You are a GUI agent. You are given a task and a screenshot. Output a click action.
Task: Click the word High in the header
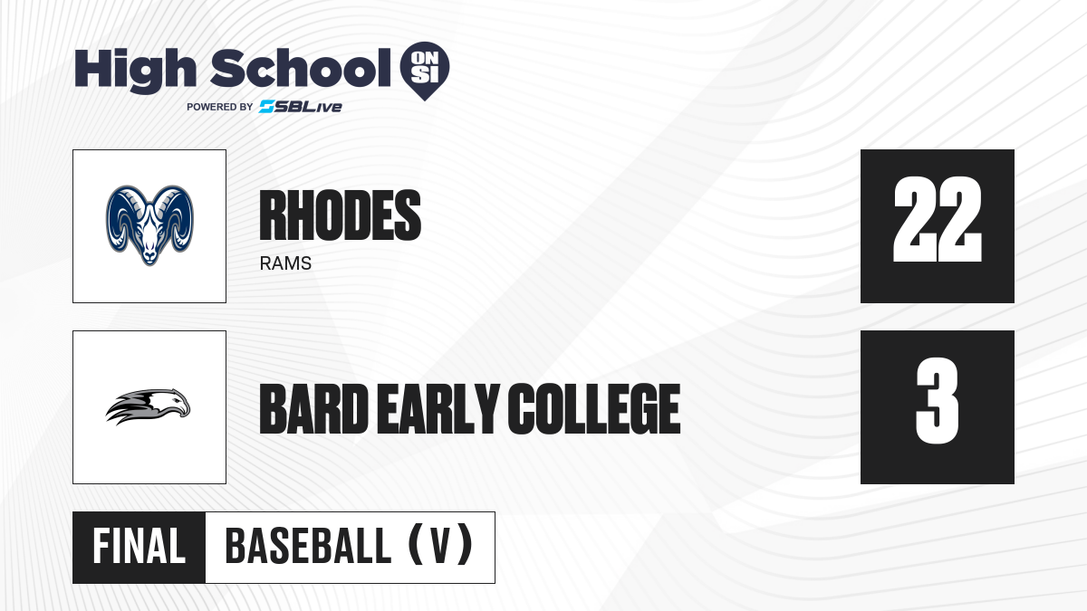(135, 70)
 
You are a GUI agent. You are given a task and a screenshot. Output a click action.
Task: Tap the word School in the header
(301, 68)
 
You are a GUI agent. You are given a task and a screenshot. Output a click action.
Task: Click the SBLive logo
(301, 107)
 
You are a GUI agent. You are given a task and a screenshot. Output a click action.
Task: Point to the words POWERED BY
(220, 107)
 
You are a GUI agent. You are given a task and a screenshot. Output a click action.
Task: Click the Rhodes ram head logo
(149, 225)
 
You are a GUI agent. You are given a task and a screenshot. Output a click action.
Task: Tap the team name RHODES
(341, 215)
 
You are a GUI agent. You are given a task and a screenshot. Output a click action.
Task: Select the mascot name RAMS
(285, 263)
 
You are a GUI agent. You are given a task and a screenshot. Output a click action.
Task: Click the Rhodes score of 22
(938, 219)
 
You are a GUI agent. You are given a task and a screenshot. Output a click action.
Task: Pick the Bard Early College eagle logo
(148, 406)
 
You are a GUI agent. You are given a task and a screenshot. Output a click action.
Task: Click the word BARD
(314, 409)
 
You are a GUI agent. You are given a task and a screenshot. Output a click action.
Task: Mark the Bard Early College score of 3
(938, 400)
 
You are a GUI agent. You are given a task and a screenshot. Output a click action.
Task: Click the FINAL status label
(139, 547)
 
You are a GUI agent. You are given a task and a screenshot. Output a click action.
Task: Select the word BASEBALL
(308, 546)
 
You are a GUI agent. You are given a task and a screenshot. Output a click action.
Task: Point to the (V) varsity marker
(440, 545)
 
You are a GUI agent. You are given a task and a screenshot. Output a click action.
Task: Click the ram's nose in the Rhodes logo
(149, 254)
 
